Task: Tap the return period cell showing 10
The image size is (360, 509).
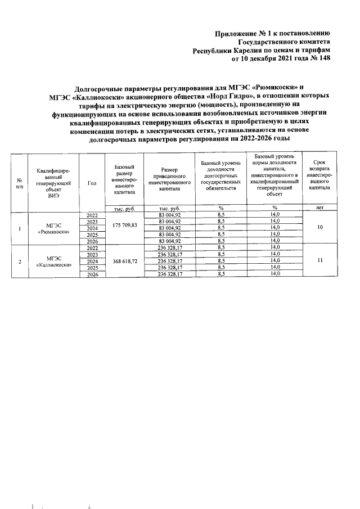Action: (319, 228)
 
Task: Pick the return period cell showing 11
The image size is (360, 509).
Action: (319, 262)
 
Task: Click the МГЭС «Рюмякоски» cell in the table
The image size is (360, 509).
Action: (54, 228)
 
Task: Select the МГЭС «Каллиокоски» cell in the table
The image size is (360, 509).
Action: (54, 262)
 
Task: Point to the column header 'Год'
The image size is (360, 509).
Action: (92, 183)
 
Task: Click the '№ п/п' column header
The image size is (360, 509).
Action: (20, 183)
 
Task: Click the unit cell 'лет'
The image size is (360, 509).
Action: (319, 208)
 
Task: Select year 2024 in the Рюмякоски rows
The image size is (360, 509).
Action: (92, 228)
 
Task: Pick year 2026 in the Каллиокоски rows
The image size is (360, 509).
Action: (92, 274)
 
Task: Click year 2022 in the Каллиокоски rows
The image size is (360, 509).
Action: (92, 248)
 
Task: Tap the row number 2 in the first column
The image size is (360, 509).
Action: (20, 262)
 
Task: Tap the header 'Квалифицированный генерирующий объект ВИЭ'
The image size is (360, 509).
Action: (54, 183)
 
